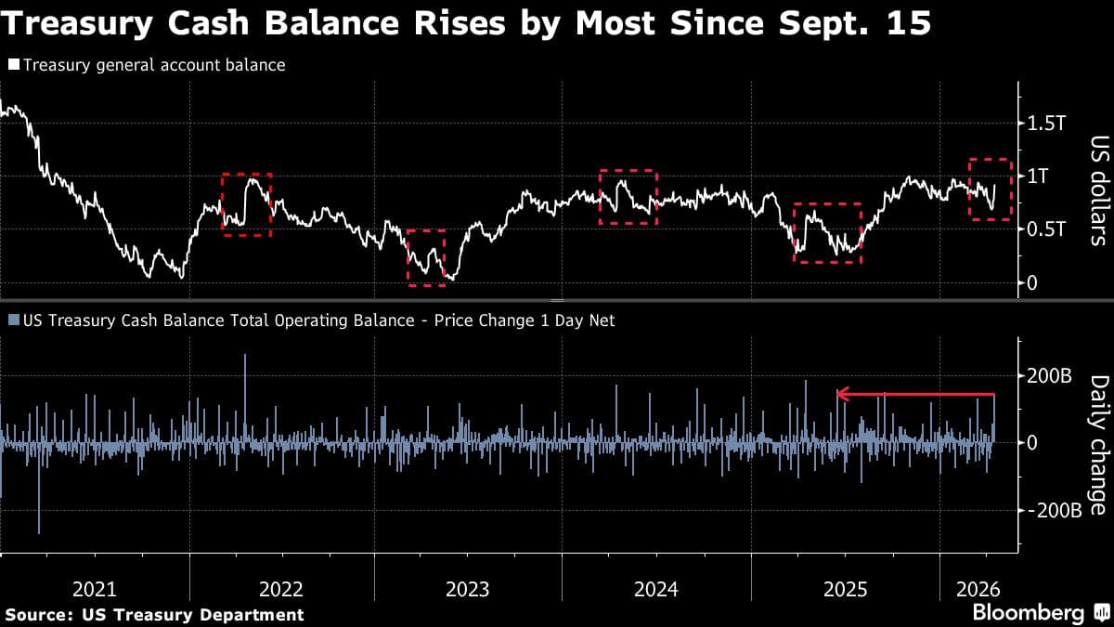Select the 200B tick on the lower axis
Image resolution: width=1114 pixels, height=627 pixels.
click(1049, 376)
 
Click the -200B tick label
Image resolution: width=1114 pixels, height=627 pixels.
click(1052, 510)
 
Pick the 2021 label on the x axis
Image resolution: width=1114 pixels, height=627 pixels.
click(95, 589)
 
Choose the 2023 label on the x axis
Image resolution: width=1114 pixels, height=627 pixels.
click(469, 589)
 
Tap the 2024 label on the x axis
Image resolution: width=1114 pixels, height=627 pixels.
click(656, 589)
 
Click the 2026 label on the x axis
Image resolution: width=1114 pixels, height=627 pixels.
click(978, 589)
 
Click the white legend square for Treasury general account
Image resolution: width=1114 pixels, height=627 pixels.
click(14, 66)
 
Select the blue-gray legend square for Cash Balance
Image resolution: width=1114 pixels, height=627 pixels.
click(14, 320)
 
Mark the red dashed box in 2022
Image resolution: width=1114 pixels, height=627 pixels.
click(246, 204)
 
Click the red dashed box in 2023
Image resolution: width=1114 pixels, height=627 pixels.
click(426, 257)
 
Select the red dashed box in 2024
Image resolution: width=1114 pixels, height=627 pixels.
click(628, 197)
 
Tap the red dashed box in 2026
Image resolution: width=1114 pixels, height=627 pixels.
click(991, 189)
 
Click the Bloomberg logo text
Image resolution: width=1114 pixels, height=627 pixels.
click(1027, 613)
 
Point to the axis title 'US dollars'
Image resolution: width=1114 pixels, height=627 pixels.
click(1098, 190)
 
